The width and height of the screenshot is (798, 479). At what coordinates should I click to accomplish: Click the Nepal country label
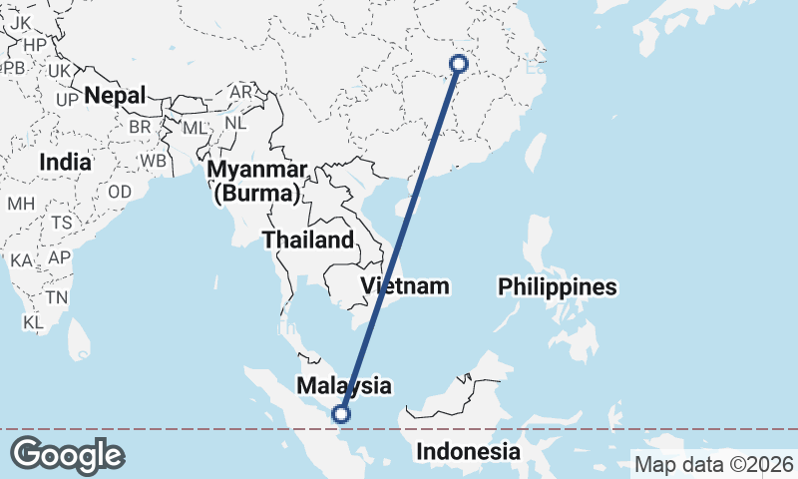click(115, 96)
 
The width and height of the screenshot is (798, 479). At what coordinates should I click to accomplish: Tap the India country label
click(66, 162)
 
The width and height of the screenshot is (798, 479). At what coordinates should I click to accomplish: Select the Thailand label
click(307, 239)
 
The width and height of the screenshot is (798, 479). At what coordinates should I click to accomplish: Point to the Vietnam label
click(405, 286)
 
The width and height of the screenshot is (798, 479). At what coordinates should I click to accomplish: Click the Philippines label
click(558, 287)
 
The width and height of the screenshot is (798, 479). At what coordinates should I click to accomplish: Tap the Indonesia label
click(468, 451)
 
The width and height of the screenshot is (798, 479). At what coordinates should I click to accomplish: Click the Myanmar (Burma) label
click(255, 181)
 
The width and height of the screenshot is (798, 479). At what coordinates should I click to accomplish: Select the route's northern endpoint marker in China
click(459, 64)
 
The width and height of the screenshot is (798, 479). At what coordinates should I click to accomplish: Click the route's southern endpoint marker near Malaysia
click(342, 414)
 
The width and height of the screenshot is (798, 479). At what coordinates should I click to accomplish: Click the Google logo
click(68, 455)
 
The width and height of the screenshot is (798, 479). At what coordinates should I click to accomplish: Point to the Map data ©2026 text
click(714, 464)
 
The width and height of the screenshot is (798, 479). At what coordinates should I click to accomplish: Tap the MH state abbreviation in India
click(21, 204)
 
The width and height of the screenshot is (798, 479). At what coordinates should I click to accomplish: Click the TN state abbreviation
click(56, 297)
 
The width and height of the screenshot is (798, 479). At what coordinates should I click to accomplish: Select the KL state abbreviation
click(33, 322)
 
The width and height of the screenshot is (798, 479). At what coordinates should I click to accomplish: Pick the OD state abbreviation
click(120, 192)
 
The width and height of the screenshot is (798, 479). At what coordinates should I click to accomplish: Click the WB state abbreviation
click(153, 160)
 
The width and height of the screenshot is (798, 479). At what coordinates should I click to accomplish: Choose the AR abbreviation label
click(240, 91)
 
